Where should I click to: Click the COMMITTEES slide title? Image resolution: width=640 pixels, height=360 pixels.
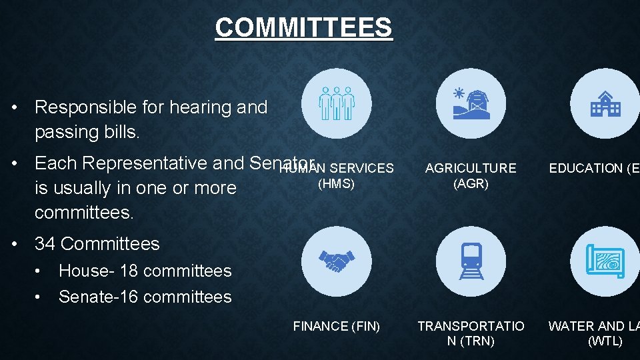point(303,27)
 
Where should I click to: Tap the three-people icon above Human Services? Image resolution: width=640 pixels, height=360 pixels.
point(336,103)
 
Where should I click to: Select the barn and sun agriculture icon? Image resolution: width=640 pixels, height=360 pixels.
point(471,103)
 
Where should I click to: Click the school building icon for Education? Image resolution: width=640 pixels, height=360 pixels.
point(605,103)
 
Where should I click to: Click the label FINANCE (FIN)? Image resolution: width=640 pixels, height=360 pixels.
point(337,326)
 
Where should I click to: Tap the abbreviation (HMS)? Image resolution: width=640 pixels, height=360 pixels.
point(336,183)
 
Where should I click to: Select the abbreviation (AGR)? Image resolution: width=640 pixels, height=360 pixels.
point(471,183)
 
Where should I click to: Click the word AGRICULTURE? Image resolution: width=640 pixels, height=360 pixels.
point(471,169)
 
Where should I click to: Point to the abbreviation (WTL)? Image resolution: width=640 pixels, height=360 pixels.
point(605,341)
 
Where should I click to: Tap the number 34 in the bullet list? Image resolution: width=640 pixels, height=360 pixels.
point(45,244)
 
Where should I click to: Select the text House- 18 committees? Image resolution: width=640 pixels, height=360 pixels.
point(145,271)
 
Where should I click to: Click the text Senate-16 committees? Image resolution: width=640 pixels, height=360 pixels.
point(145,297)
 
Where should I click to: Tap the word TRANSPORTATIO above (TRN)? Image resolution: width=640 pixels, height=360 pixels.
point(471,326)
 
